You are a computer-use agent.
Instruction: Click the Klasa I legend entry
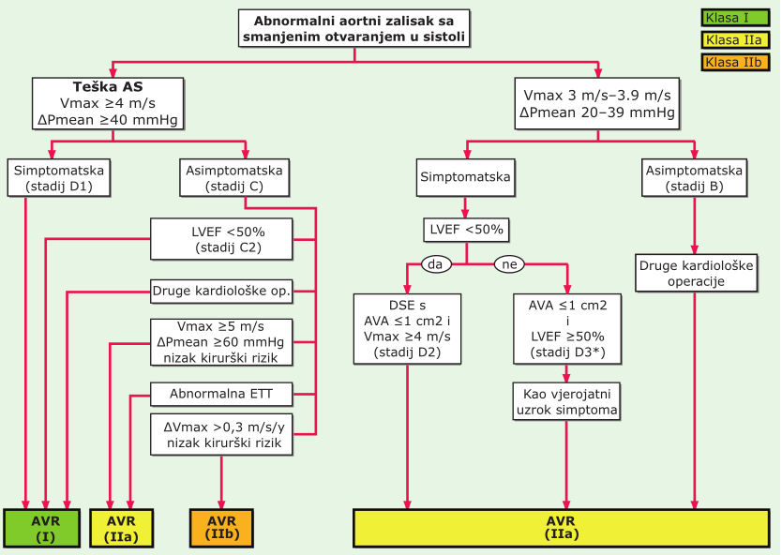[x=735, y=18]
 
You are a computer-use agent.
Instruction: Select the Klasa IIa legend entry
[x=735, y=40]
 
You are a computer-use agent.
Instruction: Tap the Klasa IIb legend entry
[x=735, y=62]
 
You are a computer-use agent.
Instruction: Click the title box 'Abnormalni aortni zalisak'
[x=354, y=28]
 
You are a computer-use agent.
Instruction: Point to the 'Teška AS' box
[x=108, y=104]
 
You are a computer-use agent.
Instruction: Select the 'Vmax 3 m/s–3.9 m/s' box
[x=597, y=104]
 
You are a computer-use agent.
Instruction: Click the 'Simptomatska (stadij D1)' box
[x=59, y=178]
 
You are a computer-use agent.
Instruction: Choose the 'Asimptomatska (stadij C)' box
[x=234, y=178]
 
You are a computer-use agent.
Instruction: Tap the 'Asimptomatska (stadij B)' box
[x=694, y=178]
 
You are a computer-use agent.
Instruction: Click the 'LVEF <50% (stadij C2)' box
[x=221, y=239]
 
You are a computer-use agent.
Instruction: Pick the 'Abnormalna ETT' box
[x=221, y=394]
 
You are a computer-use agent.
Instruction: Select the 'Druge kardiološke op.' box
[x=221, y=292]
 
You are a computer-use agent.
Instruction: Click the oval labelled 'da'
[x=436, y=263]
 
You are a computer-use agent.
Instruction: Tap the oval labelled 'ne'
[x=509, y=263]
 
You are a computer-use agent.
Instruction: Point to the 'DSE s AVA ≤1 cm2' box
[x=407, y=329]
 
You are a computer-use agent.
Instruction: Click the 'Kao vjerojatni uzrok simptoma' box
[x=566, y=402]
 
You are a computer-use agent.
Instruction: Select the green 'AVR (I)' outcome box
[x=42, y=529]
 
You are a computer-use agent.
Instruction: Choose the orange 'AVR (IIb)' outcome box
[x=221, y=529]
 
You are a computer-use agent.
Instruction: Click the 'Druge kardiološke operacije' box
[x=697, y=273]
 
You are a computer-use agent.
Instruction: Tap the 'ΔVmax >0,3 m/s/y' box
[x=221, y=435]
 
